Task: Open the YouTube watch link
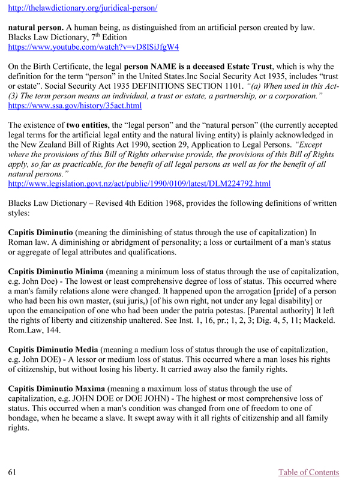tap(93, 46)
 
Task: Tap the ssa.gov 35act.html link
tap(74, 106)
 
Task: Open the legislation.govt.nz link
tap(139, 166)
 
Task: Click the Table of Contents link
tap(308, 472)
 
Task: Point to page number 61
tap(11, 472)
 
